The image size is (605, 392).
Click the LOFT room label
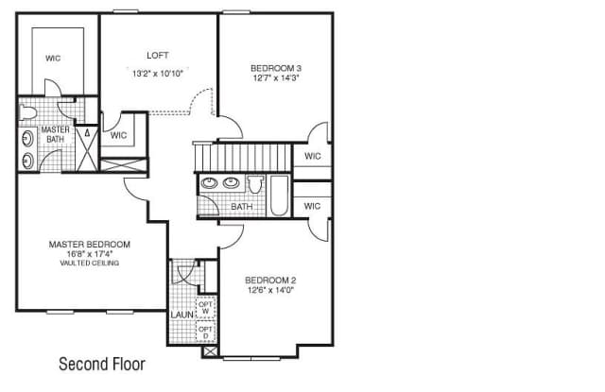(158, 56)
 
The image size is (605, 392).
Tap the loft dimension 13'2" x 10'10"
(158, 74)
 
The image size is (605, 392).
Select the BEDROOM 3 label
(276, 68)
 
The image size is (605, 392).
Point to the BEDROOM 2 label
(270, 281)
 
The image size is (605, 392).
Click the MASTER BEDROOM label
(90, 245)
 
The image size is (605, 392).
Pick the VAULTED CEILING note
(90, 264)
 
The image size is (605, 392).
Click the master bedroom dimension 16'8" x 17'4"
(90, 254)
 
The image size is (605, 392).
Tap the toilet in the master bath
(27, 112)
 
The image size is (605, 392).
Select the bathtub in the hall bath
(279, 196)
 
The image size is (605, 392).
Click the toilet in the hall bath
(255, 184)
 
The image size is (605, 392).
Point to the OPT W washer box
(205, 308)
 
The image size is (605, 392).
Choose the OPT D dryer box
(205, 332)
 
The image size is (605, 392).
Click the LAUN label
(182, 315)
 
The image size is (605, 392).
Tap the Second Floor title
(102, 364)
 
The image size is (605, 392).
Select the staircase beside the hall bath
(242, 157)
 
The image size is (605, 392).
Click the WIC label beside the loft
(118, 135)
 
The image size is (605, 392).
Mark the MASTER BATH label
(55, 134)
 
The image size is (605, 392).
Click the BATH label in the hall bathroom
(242, 207)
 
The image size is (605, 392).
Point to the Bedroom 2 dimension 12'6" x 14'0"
(270, 290)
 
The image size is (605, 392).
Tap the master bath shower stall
(87, 148)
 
